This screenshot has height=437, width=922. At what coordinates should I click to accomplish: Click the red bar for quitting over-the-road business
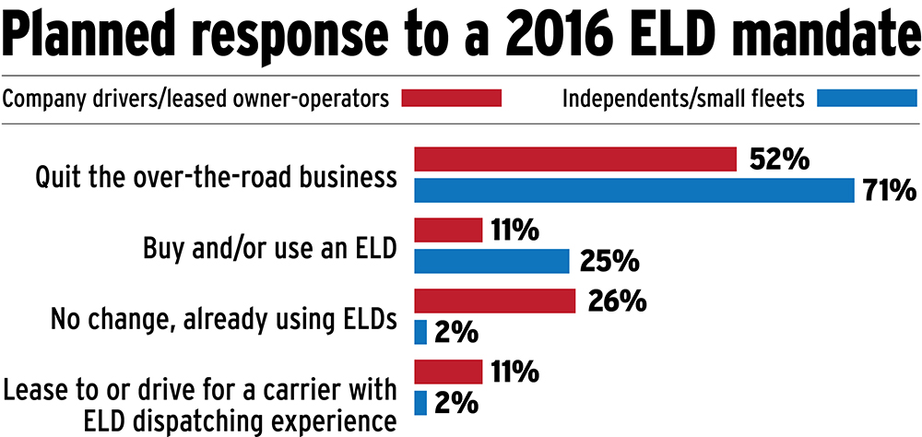pyautogui.click(x=575, y=159)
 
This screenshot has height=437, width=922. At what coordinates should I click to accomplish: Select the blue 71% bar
pyautogui.click(x=635, y=190)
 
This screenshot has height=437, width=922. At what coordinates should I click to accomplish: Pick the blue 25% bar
pyautogui.click(x=491, y=261)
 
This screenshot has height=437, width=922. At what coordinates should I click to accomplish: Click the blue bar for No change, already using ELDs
pyautogui.click(x=421, y=331)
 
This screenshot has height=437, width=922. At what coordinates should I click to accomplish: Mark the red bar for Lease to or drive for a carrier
pyautogui.click(x=449, y=372)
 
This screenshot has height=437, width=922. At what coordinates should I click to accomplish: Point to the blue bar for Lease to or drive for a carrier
pyautogui.click(x=421, y=402)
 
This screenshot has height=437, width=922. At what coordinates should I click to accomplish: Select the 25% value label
pyautogui.click(x=609, y=262)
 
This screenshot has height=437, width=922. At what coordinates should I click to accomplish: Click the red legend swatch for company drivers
pyautogui.click(x=452, y=99)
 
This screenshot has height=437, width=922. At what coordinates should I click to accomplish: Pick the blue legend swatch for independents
pyautogui.click(x=868, y=99)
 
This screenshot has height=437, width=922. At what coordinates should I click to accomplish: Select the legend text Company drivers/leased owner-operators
pyautogui.click(x=196, y=99)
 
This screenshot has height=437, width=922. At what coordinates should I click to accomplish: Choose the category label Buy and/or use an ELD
pyautogui.click(x=270, y=248)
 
